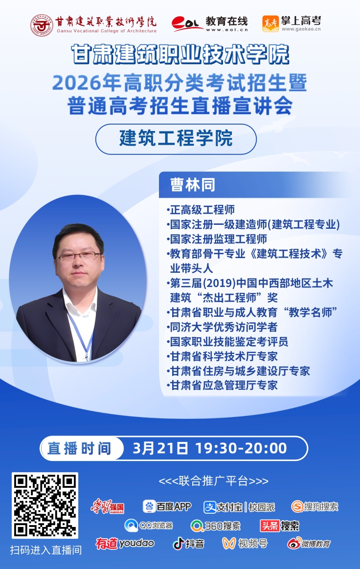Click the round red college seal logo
pos(42,25)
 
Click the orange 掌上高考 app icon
pos(270,24)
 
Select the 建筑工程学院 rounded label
pos(176,139)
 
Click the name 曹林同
pos(193,185)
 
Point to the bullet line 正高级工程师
pos(201,210)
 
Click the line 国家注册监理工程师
pos(217,239)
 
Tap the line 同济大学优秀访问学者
pos(223,327)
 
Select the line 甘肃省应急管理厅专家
pos(223,385)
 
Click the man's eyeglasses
pos(79,257)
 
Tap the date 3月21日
pos(160,449)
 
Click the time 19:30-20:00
pos(241,449)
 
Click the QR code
pos(45,505)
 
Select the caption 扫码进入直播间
pos(46,550)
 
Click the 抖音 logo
pos(188,544)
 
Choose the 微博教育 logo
pos(309,544)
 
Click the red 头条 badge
pos(270,525)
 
